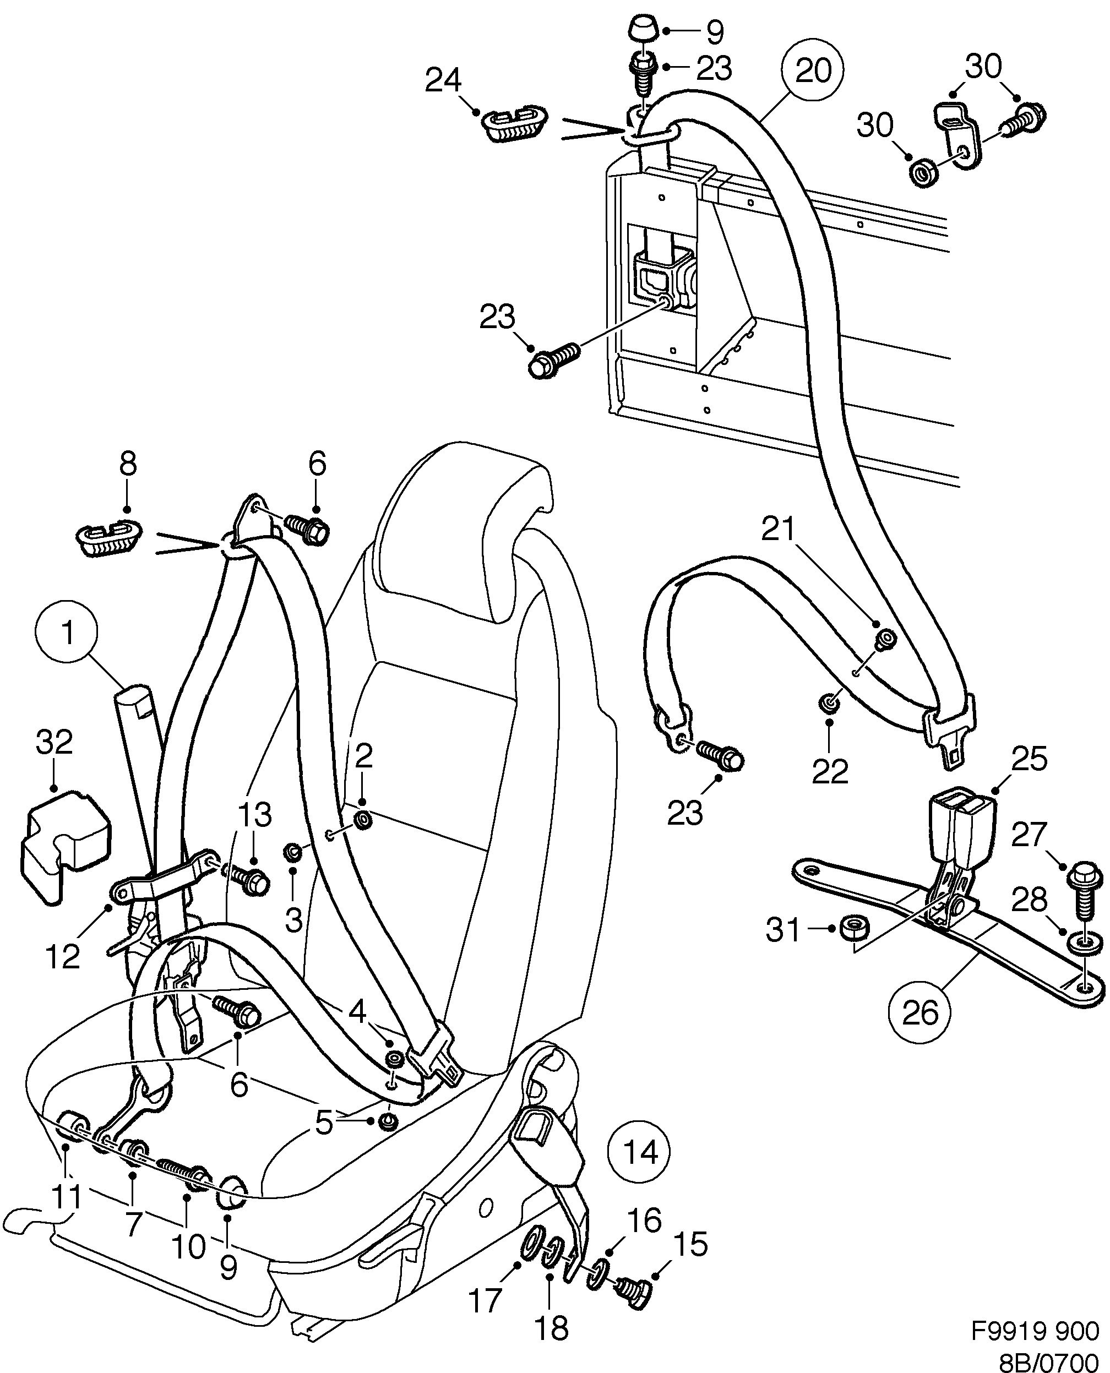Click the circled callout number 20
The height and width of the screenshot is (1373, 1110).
813,70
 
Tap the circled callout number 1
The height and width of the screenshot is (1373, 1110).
67,632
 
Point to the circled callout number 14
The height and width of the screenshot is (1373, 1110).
640,1152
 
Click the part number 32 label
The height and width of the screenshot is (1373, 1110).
55,743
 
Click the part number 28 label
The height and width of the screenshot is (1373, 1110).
1030,901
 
